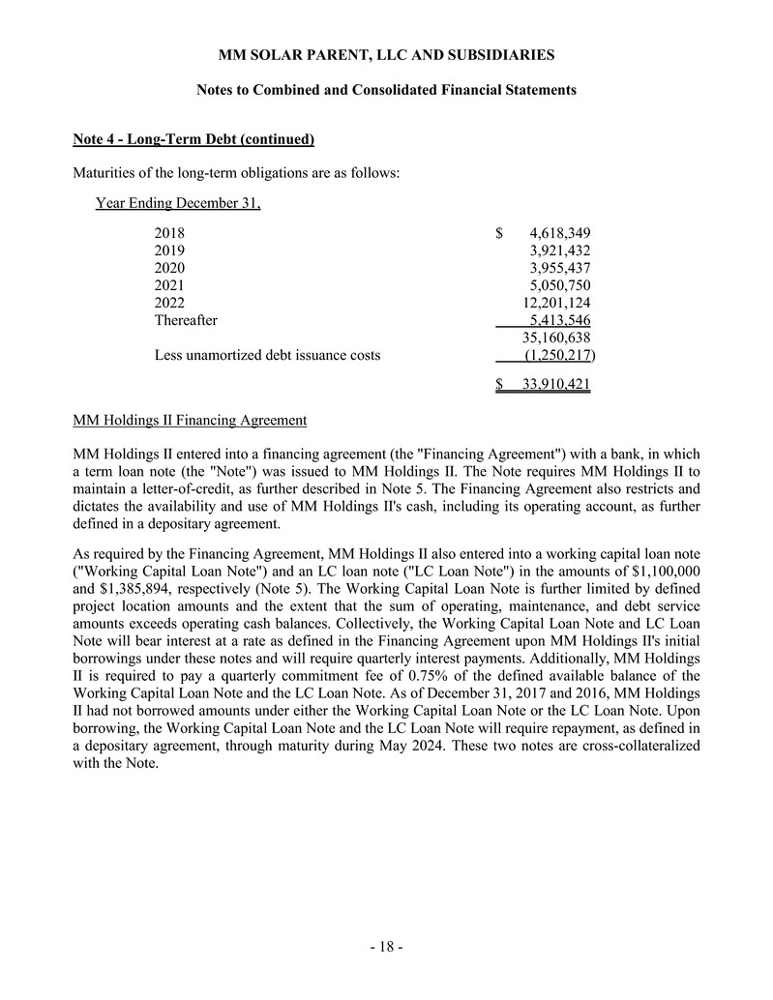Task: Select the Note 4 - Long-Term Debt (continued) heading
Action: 193,139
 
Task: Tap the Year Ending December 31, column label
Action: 178,203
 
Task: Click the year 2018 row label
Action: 169,233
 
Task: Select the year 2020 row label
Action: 169,268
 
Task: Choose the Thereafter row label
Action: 186,320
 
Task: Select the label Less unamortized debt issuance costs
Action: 267,355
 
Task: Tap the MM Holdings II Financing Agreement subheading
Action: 190,420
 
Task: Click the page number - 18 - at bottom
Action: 386,947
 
